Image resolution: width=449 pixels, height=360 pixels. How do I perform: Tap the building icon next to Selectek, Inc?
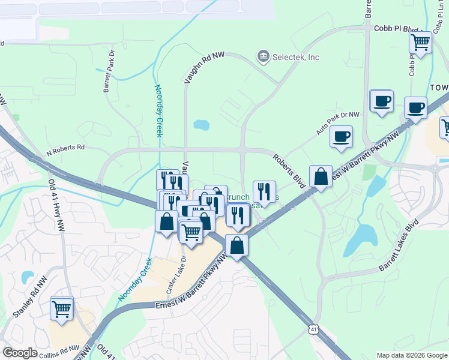point(263,57)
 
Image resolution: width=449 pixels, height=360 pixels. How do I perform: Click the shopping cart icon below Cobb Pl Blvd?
point(420,43)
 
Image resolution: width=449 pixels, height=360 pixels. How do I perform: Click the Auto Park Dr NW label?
point(338,122)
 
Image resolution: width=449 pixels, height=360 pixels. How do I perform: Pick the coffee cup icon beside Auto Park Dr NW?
point(341,136)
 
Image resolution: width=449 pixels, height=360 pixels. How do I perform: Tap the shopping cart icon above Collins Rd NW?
point(62,308)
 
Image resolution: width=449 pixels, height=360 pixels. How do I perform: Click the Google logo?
point(20,353)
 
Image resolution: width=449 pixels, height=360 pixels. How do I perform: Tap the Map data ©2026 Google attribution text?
point(412,355)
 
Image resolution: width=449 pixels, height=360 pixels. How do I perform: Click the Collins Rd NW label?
point(59,350)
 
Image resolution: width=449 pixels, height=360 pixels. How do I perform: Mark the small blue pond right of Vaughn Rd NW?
point(201,125)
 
